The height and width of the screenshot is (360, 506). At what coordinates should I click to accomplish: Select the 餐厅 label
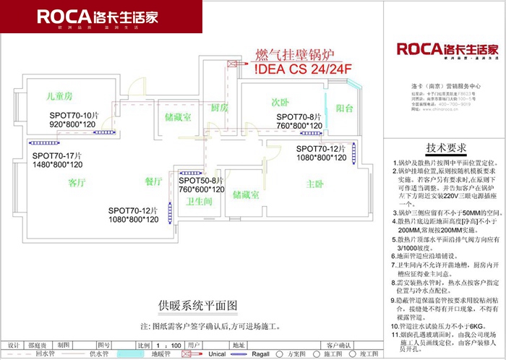(154, 181)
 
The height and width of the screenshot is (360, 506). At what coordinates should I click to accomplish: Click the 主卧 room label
(314, 184)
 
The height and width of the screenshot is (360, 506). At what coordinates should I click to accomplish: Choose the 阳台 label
(344, 108)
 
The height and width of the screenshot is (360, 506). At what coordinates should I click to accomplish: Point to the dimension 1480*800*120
(57, 165)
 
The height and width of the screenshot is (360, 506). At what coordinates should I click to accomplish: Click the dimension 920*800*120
(73, 124)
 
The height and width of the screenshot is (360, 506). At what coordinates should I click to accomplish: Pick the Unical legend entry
(218, 354)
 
